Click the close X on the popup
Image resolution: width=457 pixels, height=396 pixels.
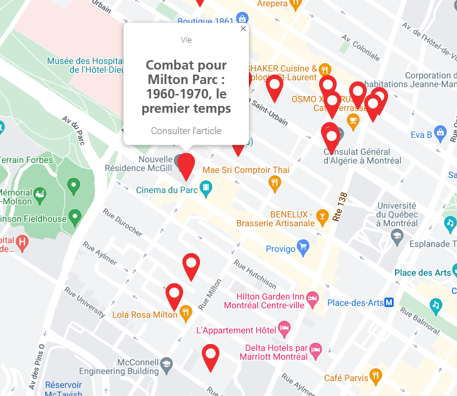coord(243,29)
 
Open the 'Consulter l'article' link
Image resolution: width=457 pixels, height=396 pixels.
coord(186,131)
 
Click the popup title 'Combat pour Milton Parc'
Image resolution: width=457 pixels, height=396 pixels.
coord(186,87)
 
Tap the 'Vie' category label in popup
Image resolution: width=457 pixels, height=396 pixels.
coord(186,40)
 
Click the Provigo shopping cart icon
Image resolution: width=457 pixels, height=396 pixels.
coord(303,248)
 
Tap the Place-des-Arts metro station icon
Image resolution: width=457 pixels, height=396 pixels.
coord(389,303)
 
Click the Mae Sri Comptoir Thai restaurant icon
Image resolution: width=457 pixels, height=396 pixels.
coord(274,183)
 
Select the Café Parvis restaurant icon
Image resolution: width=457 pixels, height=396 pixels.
coord(376,377)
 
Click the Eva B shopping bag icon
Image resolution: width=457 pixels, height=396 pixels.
coord(441,134)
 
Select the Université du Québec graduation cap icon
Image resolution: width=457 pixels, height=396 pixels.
coord(396,236)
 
